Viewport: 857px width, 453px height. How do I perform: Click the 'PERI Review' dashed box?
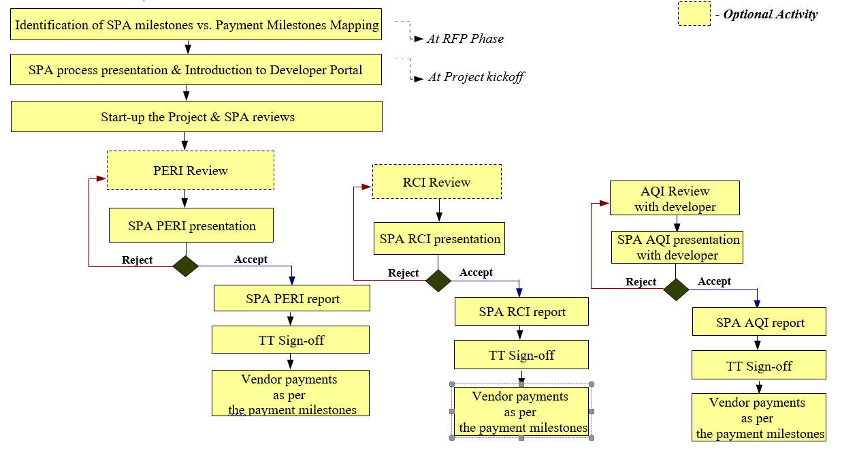click(191, 170)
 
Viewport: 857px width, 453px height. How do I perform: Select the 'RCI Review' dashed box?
click(436, 182)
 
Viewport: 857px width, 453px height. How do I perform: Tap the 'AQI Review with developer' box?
click(675, 199)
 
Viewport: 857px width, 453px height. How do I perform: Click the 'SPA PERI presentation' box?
click(191, 225)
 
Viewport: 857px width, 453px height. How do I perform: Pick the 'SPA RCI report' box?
click(521, 312)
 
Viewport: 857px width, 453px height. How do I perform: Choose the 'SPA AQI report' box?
click(760, 322)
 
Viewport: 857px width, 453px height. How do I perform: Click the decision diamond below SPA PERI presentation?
click(185, 266)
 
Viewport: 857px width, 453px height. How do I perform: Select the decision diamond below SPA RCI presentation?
click(438, 280)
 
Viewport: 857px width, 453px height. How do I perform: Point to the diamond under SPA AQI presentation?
click(676, 289)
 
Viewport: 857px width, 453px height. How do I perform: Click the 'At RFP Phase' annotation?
click(465, 39)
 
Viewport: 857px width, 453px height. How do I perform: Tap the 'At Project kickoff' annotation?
click(476, 77)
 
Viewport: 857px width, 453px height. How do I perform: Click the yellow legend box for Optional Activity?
click(694, 14)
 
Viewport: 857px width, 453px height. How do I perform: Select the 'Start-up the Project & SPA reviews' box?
click(197, 116)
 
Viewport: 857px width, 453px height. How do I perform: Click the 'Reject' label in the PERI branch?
click(137, 260)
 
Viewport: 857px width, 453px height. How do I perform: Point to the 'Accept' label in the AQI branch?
click(714, 281)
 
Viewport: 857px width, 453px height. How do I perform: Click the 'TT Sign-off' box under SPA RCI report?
click(521, 355)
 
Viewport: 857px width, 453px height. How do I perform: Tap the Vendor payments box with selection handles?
click(521, 411)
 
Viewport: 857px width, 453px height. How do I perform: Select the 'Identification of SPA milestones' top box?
click(197, 25)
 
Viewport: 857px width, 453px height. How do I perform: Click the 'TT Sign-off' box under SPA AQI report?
click(759, 366)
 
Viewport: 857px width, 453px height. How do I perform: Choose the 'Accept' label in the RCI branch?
click(476, 272)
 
